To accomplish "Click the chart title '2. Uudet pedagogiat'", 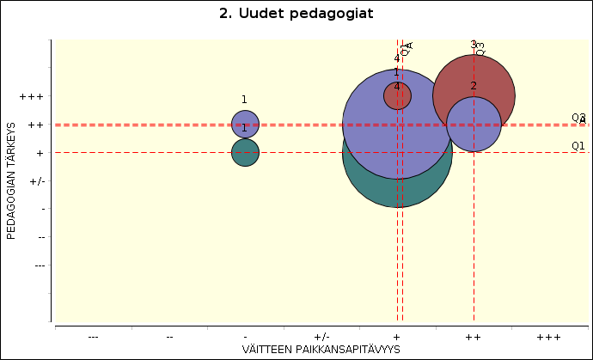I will [296, 13].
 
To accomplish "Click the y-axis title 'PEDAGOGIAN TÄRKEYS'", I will [12, 180].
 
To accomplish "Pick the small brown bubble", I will [397, 95].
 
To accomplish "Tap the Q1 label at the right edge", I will [578, 145].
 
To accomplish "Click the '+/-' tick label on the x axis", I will [321, 336].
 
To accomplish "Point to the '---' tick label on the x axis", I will [93, 336].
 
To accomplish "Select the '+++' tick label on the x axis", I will [548, 336].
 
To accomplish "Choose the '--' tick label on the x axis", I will [169, 336].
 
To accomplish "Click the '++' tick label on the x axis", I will [473, 336].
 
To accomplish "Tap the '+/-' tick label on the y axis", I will [36, 180].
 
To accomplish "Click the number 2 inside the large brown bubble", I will [474, 85].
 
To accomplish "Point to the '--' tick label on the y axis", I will [38, 236].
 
